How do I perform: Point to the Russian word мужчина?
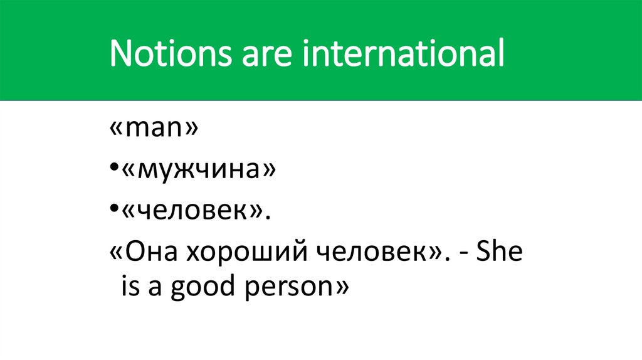[197, 170]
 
